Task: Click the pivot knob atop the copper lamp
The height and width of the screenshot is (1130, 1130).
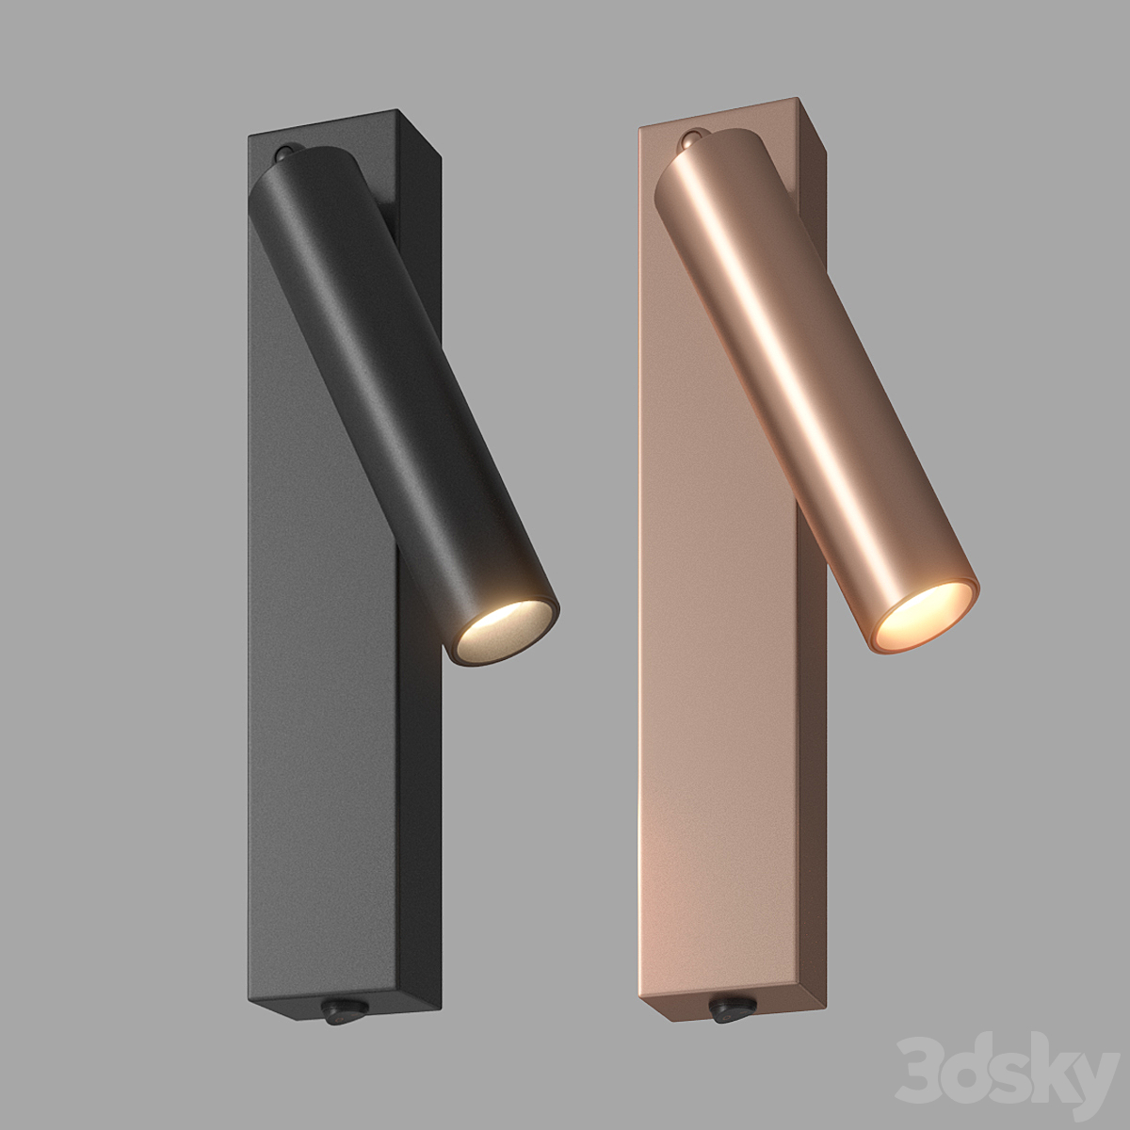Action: (692, 140)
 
